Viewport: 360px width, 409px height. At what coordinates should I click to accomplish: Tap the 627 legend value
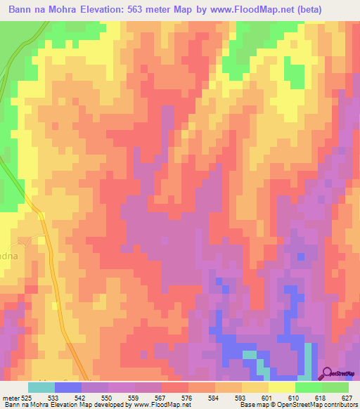(x=347, y=397)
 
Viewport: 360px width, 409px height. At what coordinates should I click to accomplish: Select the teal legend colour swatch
(x=41, y=387)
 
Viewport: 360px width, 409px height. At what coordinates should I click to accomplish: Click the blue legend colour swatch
(x=67, y=387)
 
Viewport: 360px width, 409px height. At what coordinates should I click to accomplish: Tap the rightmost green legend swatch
(x=335, y=387)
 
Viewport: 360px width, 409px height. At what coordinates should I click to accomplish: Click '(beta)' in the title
(x=330, y=10)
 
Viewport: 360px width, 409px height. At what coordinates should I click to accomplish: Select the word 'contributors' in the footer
(x=339, y=405)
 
